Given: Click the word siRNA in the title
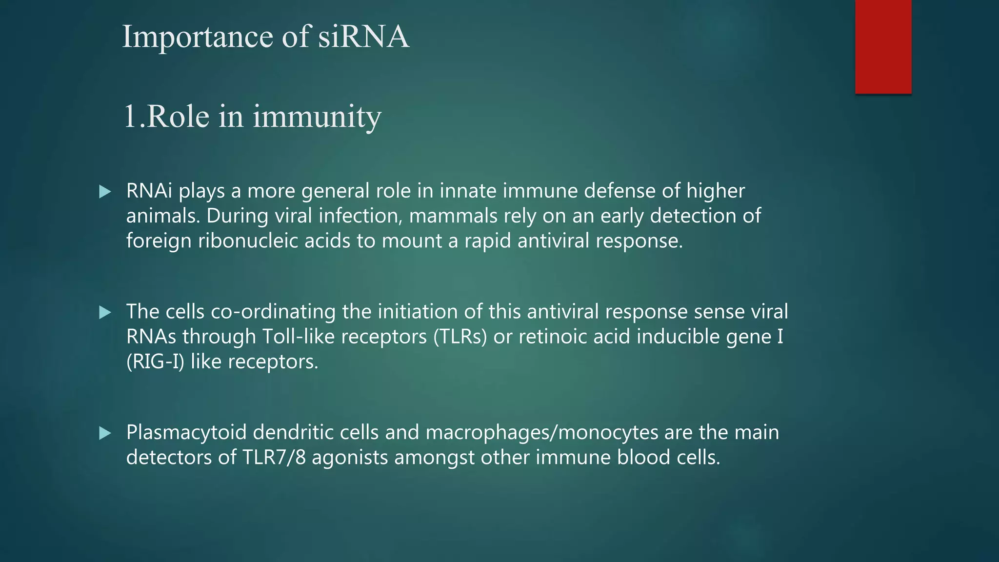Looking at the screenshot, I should tap(363, 37).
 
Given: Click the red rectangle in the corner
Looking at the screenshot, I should tap(883, 46).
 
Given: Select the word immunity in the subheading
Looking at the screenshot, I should tap(317, 117).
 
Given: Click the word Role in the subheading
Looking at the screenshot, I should tap(178, 117).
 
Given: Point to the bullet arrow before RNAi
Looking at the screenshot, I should tap(105, 192).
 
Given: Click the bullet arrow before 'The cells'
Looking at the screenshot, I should tap(105, 312).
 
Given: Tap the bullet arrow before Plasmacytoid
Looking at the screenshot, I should tap(105, 433).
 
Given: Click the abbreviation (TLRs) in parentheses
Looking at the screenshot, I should tap(460, 337).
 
